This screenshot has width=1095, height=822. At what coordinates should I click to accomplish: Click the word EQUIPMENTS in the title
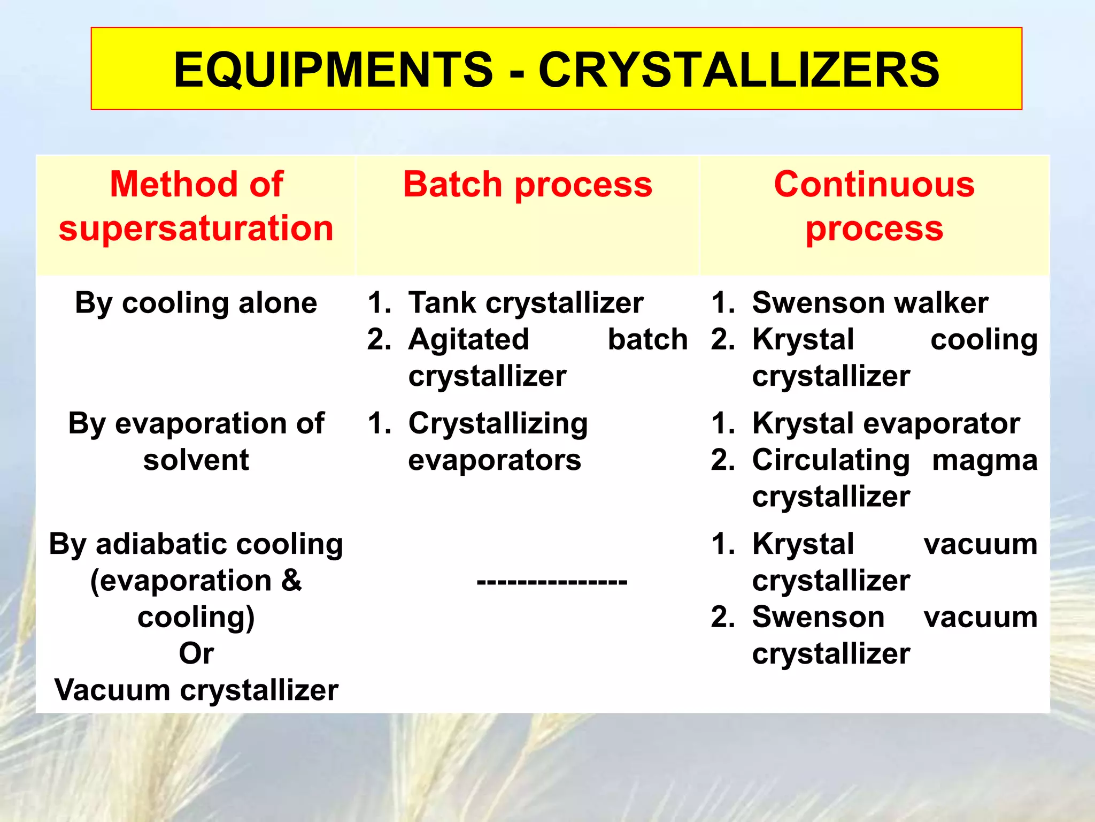coord(333,70)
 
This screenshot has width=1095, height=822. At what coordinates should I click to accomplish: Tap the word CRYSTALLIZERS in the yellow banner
coord(738,70)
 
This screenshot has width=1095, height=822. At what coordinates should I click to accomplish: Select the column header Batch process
coord(527,185)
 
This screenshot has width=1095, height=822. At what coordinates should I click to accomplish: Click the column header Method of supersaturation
coord(196,206)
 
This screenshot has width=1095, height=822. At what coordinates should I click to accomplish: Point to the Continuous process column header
coord(874,206)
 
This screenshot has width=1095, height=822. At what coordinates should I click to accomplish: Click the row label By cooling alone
coord(196,303)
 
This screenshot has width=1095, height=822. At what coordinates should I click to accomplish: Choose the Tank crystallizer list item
coord(526,303)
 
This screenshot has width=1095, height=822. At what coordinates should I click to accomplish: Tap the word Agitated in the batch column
coord(468,339)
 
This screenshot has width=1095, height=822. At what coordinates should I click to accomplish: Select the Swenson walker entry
coord(870,303)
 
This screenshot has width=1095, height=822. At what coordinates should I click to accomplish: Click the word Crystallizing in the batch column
coord(498,423)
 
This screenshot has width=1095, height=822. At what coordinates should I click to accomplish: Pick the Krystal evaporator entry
coord(885,423)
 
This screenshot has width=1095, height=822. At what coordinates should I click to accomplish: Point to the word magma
coord(984,460)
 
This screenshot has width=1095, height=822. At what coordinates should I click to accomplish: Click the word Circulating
coord(831,460)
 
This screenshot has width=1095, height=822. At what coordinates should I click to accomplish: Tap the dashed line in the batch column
coord(552,581)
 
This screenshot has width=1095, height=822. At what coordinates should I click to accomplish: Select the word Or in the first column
coord(196,653)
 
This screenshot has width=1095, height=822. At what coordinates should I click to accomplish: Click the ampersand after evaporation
coord(291,581)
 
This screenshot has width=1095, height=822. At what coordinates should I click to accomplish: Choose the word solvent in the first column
coord(196,460)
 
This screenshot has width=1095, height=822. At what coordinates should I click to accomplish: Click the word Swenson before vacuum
coord(818,617)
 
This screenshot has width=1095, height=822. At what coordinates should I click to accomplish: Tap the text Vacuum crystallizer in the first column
coord(196,690)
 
